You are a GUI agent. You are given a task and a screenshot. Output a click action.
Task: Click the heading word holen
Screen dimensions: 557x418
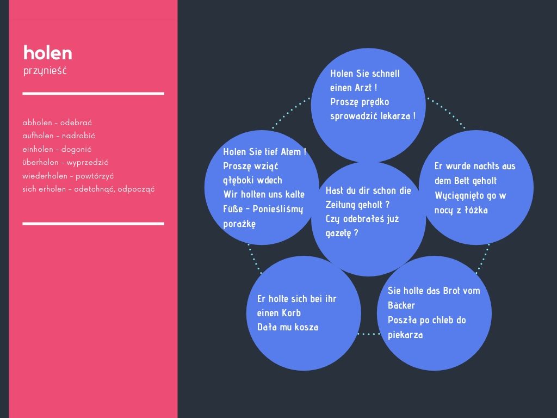coord(48,53)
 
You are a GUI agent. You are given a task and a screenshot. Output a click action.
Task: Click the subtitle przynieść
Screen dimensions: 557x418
coord(45,71)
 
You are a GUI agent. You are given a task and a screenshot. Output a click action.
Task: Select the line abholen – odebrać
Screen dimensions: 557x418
coord(57,122)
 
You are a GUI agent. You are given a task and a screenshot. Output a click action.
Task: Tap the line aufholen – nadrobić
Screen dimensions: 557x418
coord(59,136)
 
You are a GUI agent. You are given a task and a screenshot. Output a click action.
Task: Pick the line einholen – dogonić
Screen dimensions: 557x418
coord(57,149)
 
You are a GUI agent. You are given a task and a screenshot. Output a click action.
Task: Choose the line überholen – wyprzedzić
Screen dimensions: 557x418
coord(65,162)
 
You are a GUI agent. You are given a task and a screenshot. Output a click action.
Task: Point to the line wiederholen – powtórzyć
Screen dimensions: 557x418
coord(68,176)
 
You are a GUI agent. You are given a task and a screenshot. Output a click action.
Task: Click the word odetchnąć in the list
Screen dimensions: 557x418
coord(94,189)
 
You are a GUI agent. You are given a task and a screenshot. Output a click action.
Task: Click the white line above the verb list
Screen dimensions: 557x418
coord(93,94)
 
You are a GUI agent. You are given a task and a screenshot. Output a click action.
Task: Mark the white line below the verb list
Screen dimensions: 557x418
coord(93,224)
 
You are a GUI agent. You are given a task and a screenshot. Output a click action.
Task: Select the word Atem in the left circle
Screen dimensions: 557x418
coord(290,152)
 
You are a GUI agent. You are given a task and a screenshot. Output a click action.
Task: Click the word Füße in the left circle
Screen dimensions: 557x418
coord(232,208)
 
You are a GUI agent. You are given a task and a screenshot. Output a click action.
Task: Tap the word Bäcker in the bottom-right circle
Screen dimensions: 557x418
coord(401,305)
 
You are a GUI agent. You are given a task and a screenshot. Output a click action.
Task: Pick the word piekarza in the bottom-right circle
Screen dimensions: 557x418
coord(405,335)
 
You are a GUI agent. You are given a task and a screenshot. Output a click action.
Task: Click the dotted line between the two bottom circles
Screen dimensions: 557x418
coord(369,334)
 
